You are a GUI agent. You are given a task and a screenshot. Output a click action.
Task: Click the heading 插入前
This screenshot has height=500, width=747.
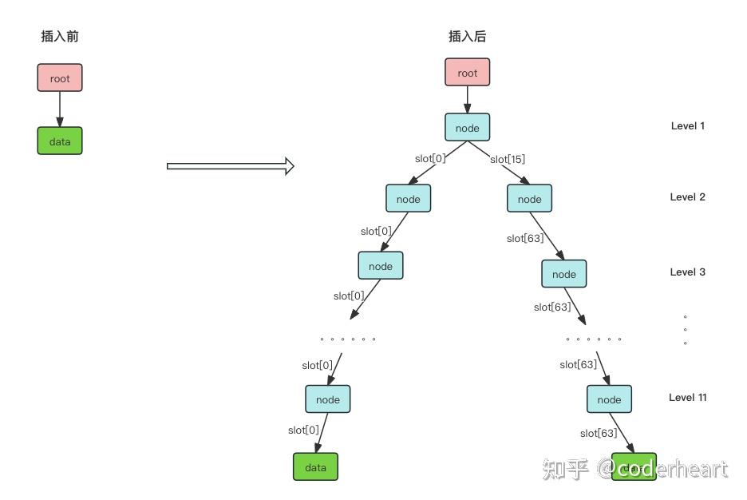click(x=60, y=37)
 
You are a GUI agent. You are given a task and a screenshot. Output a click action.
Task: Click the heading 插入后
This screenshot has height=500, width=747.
click(x=467, y=37)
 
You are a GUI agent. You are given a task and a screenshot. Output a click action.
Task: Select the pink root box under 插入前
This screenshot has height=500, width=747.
click(x=60, y=78)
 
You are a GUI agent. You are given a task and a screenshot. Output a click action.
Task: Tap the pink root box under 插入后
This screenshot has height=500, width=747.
click(x=467, y=73)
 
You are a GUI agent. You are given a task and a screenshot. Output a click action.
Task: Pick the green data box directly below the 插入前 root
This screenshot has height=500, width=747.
click(x=60, y=141)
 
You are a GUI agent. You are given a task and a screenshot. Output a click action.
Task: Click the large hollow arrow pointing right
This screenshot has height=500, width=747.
click(x=230, y=166)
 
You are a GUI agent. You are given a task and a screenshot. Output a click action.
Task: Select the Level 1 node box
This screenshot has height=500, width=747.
click(x=467, y=128)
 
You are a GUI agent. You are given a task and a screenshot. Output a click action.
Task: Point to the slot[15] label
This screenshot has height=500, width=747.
click(x=508, y=159)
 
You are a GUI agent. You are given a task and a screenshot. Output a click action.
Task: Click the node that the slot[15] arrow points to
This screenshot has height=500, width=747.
click(x=529, y=199)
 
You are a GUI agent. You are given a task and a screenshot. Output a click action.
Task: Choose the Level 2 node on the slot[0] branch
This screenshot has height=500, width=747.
click(x=408, y=199)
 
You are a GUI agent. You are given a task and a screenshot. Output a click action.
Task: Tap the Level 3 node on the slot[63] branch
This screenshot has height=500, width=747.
click(x=563, y=274)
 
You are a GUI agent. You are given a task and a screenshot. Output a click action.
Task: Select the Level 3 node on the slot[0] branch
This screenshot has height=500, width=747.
click(x=381, y=266)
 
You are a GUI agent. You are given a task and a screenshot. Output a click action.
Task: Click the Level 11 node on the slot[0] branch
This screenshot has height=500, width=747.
click(x=327, y=399)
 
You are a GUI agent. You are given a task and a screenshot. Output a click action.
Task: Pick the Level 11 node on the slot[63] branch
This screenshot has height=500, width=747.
click(x=609, y=399)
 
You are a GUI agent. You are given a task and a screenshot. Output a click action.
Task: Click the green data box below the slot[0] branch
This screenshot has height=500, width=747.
click(x=315, y=467)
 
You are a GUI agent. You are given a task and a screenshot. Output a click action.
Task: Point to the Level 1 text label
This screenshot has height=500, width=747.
click(x=687, y=126)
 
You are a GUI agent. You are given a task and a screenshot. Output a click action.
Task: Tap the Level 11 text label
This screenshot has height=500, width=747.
click(x=687, y=398)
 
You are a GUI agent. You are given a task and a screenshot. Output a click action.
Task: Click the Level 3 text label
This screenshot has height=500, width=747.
click(x=687, y=272)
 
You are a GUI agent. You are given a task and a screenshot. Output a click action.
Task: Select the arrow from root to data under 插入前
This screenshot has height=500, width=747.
click(x=60, y=109)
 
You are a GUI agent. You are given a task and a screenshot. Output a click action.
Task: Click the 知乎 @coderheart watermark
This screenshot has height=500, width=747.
click(x=634, y=469)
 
